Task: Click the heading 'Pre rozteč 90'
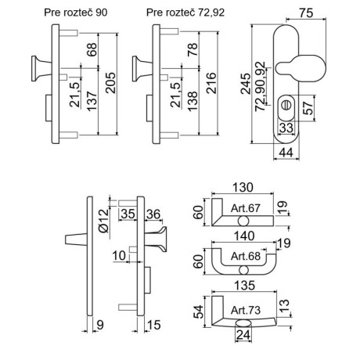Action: pos(76,13)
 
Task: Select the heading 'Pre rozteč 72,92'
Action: pos(185,13)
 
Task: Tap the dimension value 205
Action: pos(110,83)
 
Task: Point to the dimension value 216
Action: pos(211,83)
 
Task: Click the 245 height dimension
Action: pos(246,84)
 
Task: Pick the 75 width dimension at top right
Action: pos(306,13)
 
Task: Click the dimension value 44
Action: pos(286,153)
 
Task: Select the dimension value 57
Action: pos(308,108)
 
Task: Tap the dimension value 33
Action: pos(286,128)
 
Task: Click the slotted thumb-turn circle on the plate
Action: pos(286,106)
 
